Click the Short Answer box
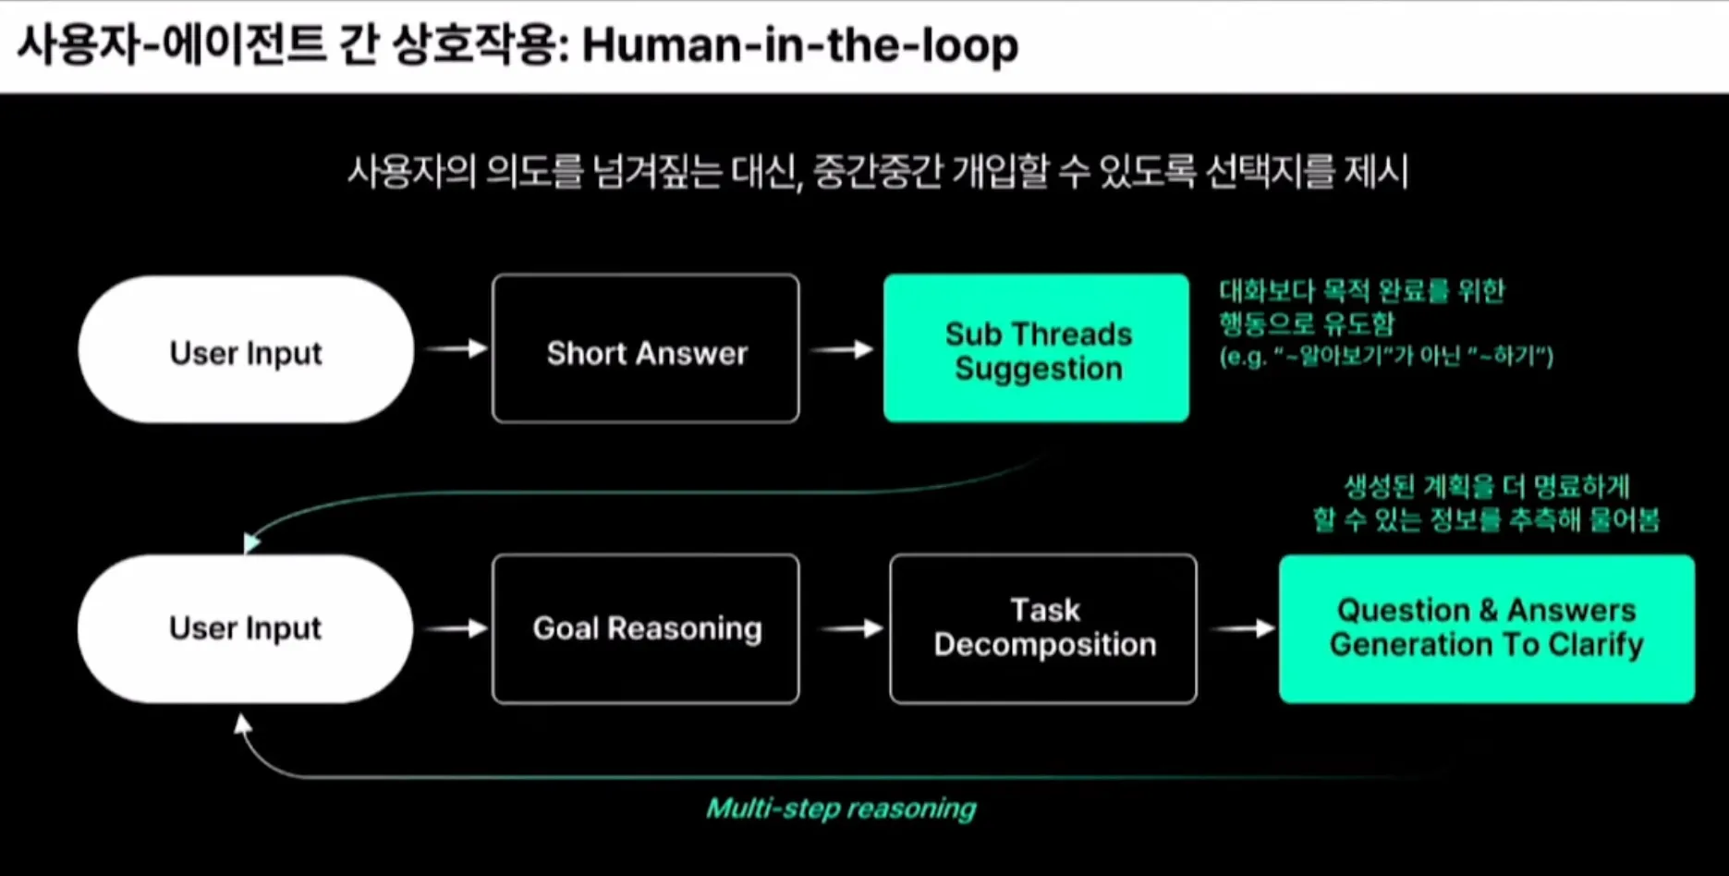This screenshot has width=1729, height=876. click(646, 349)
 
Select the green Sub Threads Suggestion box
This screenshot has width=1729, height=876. click(1036, 349)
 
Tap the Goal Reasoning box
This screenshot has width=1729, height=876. click(646, 628)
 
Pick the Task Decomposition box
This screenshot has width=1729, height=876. click(1043, 628)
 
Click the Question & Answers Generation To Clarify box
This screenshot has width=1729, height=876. click(1486, 628)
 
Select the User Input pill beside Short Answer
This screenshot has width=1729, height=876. click(246, 350)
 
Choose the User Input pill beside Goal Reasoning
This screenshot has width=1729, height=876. click(246, 628)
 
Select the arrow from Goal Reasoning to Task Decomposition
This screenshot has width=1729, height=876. click(851, 628)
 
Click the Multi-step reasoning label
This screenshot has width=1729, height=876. click(841, 809)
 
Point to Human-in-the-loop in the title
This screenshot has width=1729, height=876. click(800, 45)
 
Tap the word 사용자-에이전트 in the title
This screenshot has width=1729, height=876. click(171, 45)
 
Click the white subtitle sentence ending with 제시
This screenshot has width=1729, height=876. click(877, 171)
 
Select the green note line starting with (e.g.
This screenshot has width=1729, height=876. click(1385, 356)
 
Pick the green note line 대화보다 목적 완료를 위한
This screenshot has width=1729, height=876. click(1361, 291)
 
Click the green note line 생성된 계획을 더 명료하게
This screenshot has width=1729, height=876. click(1485, 486)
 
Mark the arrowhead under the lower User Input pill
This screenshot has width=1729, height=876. click(243, 724)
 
